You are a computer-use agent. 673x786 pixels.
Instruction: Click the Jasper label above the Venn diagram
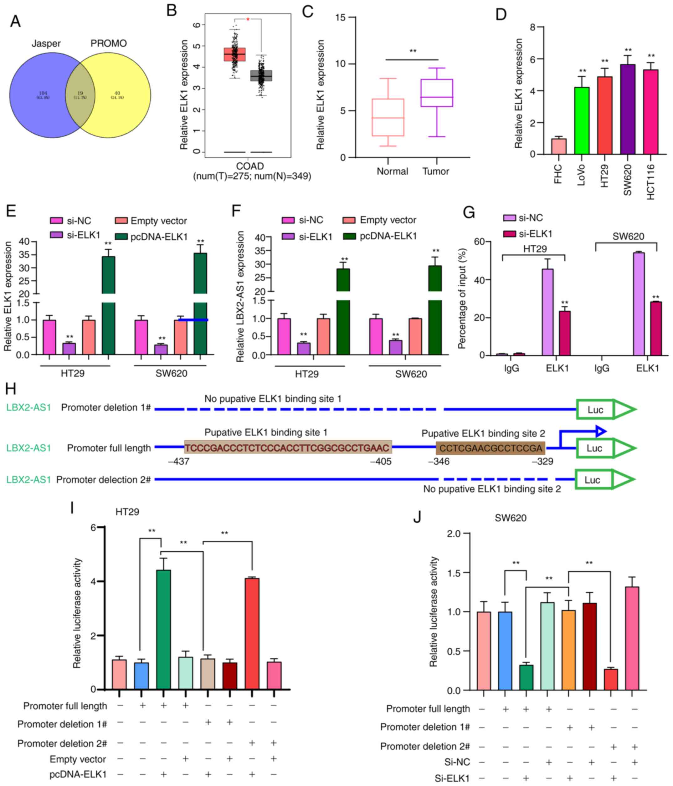(46, 43)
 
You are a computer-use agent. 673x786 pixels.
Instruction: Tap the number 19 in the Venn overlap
(80, 93)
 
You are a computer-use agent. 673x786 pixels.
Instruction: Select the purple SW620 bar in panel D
(628, 109)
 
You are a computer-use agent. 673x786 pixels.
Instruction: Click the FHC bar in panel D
(559, 146)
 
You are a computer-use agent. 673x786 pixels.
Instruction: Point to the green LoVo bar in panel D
(582, 121)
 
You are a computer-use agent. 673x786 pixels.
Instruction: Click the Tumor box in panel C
(437, 93)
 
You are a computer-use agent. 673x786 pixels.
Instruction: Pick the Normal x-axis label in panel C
(392, 171)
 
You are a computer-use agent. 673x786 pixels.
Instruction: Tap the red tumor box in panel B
(234, 54)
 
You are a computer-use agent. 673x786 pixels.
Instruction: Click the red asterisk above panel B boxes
(248, 19)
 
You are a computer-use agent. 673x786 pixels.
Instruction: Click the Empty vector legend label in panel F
(388, 220)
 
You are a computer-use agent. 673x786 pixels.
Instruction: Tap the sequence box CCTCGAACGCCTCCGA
(490, 448)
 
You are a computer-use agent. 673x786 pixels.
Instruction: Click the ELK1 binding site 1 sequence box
(288, 448)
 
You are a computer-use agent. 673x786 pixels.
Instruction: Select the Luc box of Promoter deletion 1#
(595, 410)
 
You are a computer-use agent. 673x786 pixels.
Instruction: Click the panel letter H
(11, 388)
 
